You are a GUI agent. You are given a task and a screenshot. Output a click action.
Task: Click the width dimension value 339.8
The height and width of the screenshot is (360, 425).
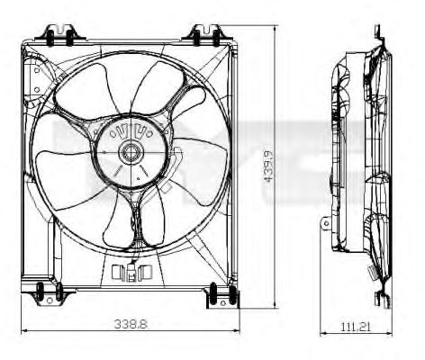click(131, 324)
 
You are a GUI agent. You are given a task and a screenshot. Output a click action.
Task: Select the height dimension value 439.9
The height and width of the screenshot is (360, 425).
click(268, 166)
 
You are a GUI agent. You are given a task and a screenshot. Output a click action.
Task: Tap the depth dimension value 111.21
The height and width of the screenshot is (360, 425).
click(356, 326)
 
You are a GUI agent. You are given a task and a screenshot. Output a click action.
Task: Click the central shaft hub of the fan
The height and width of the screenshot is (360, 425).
click(131, 153)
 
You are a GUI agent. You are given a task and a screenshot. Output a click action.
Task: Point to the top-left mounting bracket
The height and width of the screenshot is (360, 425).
click(60, 35)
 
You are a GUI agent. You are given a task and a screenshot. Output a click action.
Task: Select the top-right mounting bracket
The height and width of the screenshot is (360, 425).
click(207, 35)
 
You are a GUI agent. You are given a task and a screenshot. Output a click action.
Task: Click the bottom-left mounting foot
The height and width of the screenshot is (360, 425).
click(50, 294)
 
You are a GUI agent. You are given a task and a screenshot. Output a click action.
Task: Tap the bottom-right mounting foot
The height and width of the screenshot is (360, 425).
click(222, 297)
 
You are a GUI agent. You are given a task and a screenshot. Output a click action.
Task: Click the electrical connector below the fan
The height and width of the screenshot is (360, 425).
click(131, 272)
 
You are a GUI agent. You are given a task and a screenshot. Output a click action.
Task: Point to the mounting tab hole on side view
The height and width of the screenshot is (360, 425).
click(326, 223)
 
